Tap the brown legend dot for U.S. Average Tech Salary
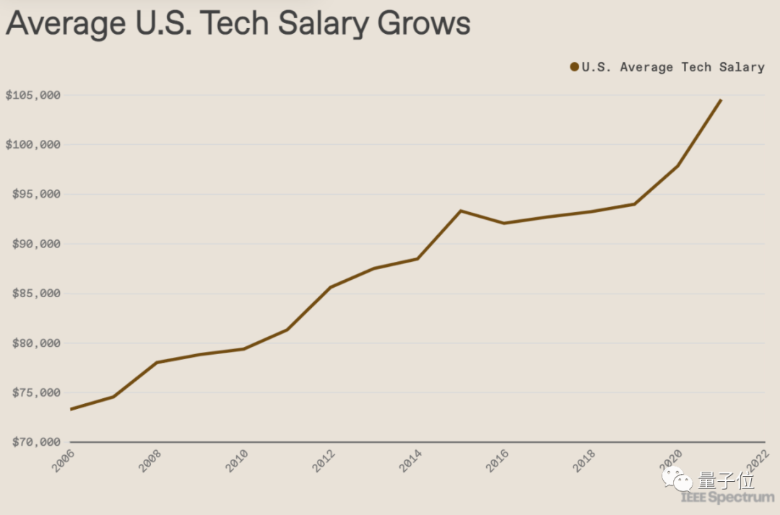[x=575, y=67]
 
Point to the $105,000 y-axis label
[x=32, y=95]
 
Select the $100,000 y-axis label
[x=32, y=144]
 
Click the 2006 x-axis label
[x=64, y=461]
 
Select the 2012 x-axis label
[x=324, y=461]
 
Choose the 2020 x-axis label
[x=671, y=461]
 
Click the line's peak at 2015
[x=461, y=211]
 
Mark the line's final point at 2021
[x=721, y=100]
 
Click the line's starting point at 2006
[x=71, y=409]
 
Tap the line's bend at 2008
[x=157, y=362]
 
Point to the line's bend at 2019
[x=634, y=204]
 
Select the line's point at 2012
[x=330, y=287]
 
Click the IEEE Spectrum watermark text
[x=727, y=498]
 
